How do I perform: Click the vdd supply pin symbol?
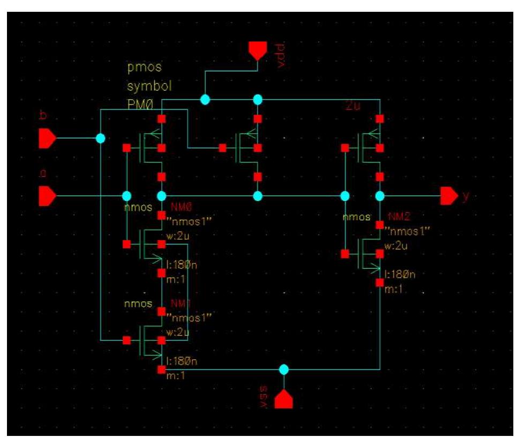pos(257,51)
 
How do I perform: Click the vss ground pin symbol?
pos(284,399)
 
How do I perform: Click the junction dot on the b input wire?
pos(100,138)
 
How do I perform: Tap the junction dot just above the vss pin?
pos(284,369)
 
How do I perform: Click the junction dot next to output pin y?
pos(380,196)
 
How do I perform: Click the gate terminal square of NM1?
pos(126,340)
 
